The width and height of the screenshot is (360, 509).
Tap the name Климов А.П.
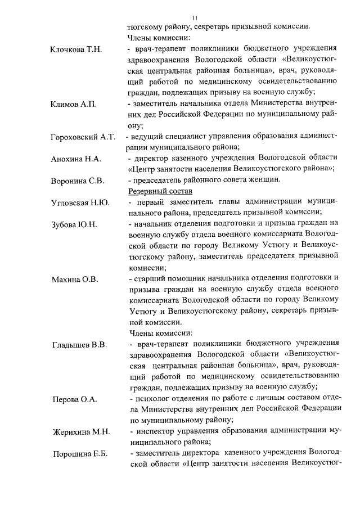(74, 105)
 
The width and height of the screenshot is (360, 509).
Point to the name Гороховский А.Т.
(83, 137)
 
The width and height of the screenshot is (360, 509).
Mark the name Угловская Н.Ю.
(80, 202)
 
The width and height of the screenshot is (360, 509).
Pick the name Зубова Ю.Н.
(74, 224)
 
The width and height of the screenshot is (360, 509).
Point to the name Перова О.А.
(74, 399)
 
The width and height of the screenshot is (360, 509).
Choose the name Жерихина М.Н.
(80, 433)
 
